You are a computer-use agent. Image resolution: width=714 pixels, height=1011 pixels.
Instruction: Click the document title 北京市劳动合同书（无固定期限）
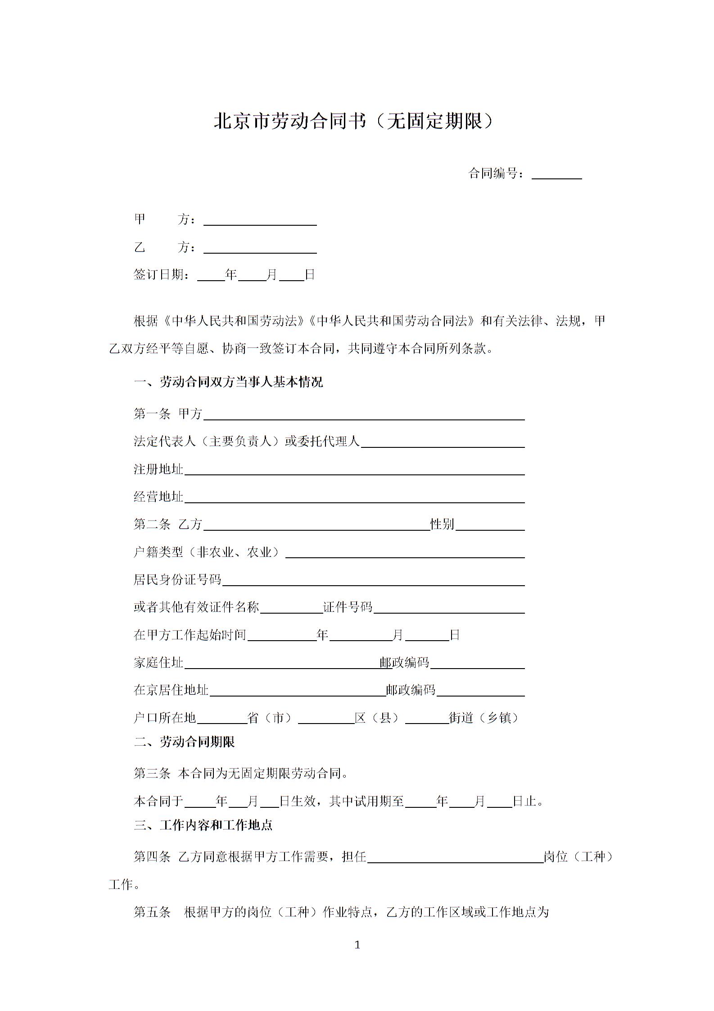[x=354, y=121]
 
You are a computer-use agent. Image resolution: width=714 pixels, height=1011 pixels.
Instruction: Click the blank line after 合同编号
[x=556, y=174]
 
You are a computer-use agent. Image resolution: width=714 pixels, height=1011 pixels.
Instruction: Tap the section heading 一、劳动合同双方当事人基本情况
[x=228, y=383]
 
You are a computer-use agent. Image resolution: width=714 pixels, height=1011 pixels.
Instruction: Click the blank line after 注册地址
[x=354, y=470]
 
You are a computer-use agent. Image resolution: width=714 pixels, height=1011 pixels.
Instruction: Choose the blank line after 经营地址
[x=354, y=498]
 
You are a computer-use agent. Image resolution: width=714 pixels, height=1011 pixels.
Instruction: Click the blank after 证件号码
[x=449, y=608]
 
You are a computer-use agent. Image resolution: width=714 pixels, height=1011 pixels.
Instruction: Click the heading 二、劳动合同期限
[x=184, y=742]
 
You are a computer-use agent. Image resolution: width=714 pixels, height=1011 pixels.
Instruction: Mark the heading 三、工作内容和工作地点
[x=203, y=825]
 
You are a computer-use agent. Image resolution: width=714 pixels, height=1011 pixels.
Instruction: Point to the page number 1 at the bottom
[x=357, y=945]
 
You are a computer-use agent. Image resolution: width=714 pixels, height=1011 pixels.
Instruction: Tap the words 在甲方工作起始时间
[x=190, y=635]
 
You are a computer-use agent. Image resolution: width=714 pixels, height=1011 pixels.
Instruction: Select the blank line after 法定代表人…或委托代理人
[x=443, y=442]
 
